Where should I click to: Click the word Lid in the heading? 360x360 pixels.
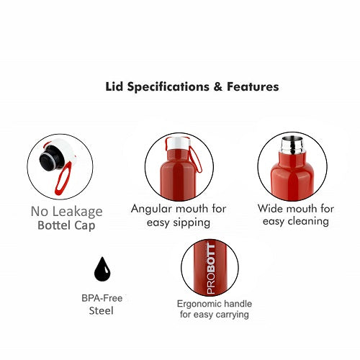point(115,86)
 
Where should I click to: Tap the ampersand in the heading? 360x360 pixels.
point(217,86)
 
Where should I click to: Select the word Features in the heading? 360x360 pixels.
point(253,86)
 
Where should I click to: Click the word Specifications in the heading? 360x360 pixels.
point(168,87)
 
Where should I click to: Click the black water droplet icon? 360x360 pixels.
point(102,269)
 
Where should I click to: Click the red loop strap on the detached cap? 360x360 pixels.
point(63,178)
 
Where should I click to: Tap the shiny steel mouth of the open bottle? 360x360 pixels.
point(292,145)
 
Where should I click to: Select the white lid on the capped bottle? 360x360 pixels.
point(178,143)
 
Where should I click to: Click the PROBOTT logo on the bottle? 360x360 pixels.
point(211,269)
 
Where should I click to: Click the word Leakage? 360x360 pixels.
point(78,212)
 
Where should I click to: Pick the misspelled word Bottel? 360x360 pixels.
point(54,225)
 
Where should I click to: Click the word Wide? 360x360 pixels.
point(270,208)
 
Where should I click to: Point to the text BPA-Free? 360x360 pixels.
point(102,298)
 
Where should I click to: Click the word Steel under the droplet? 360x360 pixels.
point(101,311)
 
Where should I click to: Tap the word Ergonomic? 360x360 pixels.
point(195,304)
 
